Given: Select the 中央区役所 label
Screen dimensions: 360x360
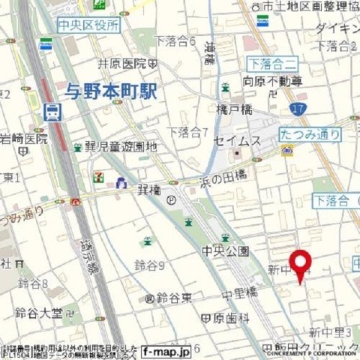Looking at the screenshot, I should (89, 25).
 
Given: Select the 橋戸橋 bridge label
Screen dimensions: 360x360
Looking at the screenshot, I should (231, 109).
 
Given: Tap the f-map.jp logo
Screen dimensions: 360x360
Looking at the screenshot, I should (166, 349).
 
